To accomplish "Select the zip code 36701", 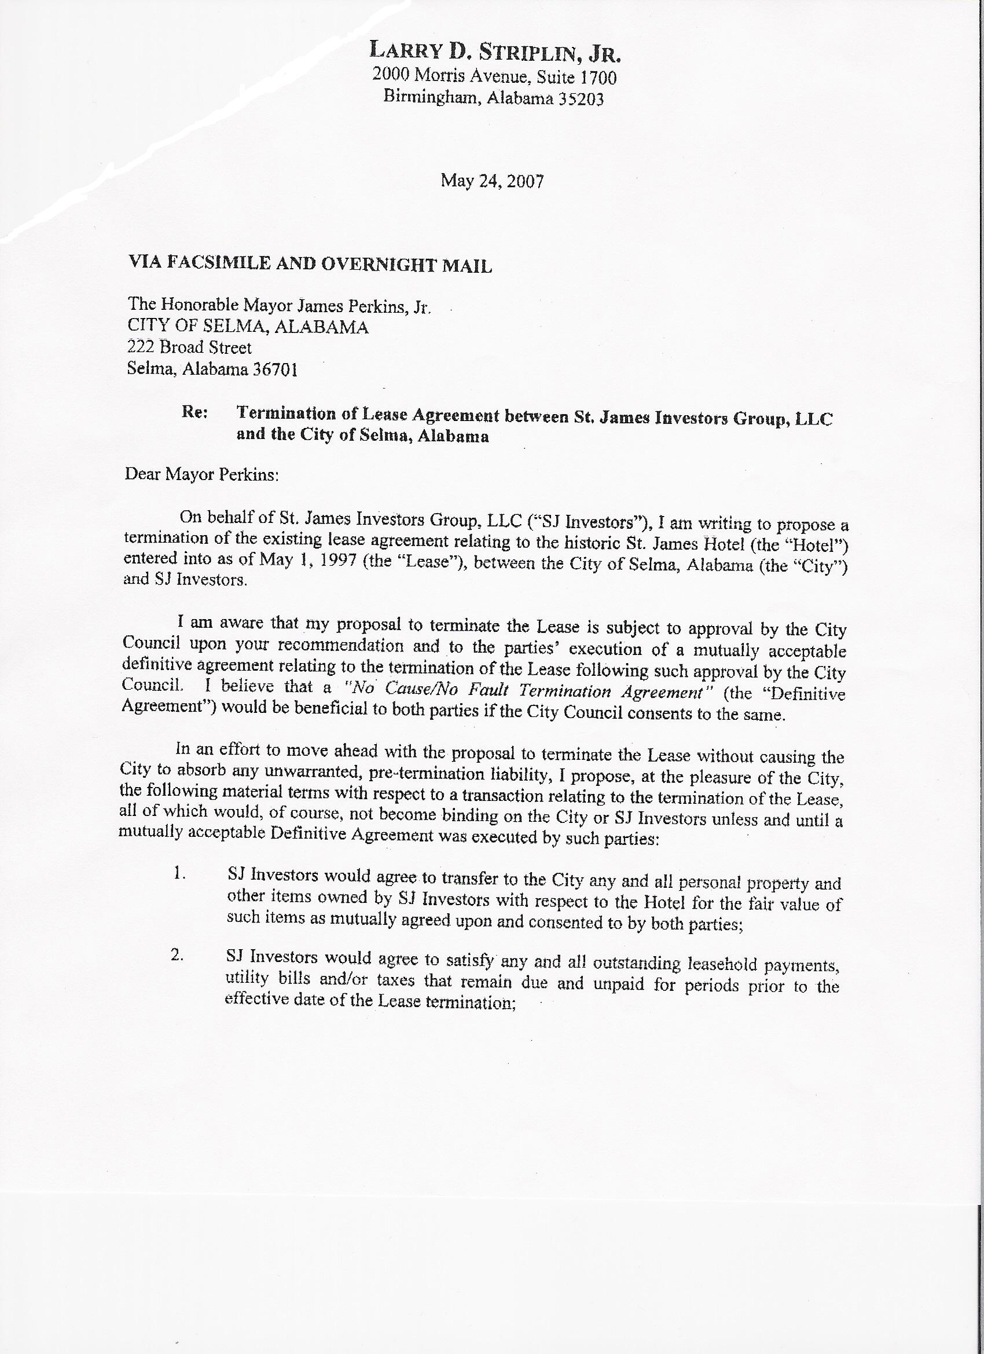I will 275,370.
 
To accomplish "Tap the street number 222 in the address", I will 139,347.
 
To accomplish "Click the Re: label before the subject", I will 194,412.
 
